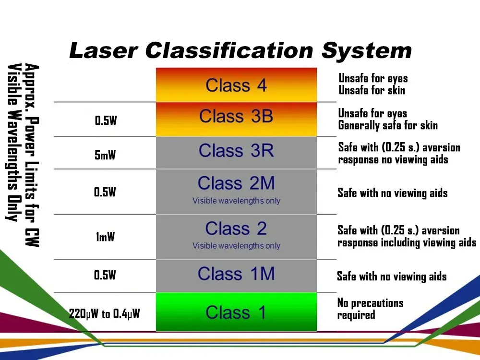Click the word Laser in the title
pyautogui.click(x=104, y=50)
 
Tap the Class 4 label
pyautogui.click(x=236, y=85)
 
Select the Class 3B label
pyautogui.click(x=236, y=116)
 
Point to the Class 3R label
pyautogui.click(x=236, y=150)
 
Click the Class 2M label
pyautogui.click(x=236, y=183)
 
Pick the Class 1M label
pyautogui.click(x=236, y=274)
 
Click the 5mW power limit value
pyautogui.click(x=105, y=155)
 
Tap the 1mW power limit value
pyautogui.click(x=105, y=237)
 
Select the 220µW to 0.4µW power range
pyautogui.click(x=104, y=314)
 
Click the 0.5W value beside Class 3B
pyautogui.click(x=106, y=120)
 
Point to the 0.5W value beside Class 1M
pyautogui.click(x=105, y=275)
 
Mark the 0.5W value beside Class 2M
pyautogui.click(x=105, y=192)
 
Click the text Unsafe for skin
pyautogui.click(x=372, y=90)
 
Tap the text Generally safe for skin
pyautogui.click(x=388, y=125)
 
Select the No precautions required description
pyautogui.click(x=371, y=309)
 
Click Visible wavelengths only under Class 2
pyautogui.click(x=236, y=246)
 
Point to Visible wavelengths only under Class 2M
pyautogui.click(x=236, y=201)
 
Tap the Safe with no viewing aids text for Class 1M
pyautogui.click(x=392, y=276)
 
